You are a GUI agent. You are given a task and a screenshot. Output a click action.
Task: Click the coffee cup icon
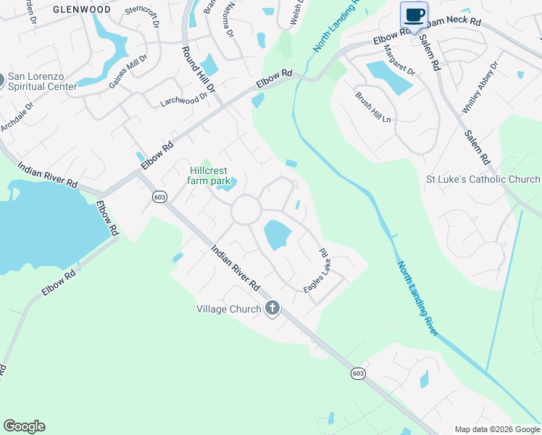click(414, 15)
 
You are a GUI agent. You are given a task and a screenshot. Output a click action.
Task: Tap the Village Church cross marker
click(272, 309)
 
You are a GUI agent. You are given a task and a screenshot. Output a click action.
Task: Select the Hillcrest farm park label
click(209, 175)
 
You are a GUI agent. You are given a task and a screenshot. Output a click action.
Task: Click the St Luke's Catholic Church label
click(483, 179)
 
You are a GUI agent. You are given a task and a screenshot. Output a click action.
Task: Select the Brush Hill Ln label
click(372, 107)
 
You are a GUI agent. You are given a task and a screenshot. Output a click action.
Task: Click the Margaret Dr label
click(399, 62)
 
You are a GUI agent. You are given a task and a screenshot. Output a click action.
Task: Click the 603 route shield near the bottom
click(358, 373)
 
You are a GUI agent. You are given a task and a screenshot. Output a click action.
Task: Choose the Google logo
click(24, 426)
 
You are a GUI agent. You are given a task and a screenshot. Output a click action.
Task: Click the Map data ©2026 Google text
click(496, 429)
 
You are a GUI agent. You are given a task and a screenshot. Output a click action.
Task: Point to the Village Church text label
click(229, 309)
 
